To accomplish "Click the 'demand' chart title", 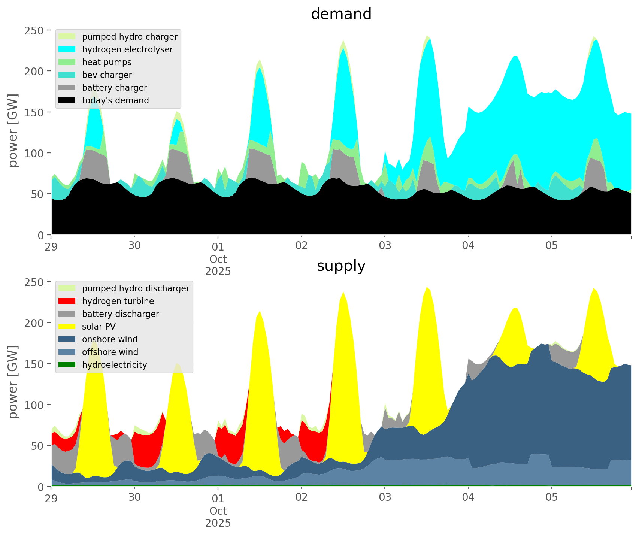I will pos(341,14).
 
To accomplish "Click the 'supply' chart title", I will pos(341,266).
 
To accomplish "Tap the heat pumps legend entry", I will pos(107,62).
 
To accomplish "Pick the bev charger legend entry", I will pos(107,75).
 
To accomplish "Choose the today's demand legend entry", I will pos(115,100).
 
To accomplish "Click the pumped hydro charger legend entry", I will pos(130,37).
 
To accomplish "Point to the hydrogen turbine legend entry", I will pos(118,301).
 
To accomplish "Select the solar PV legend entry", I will pos(99,327).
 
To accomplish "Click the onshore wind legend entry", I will pos(110,339).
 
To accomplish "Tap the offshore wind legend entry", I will pos(110,352).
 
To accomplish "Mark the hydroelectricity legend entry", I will pos(115,365).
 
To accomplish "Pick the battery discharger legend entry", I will pos(121,314).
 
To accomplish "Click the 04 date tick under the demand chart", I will pos(468,246).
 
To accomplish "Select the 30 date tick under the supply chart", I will pos(134,497).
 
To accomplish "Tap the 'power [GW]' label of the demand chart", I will pos(13,130).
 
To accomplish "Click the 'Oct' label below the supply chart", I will pos(218,511).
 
